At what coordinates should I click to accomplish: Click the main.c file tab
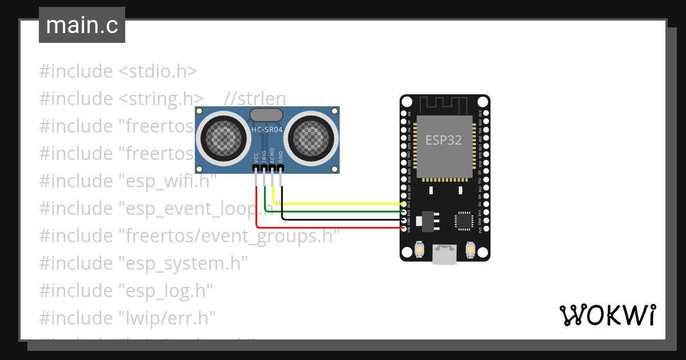coord(82,25)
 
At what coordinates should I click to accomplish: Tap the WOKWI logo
coord(607,315)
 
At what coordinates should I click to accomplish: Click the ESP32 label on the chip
coord(444,140)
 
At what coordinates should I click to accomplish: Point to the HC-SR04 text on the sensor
coord(267,130)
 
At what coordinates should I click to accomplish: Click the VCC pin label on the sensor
coord(256,158)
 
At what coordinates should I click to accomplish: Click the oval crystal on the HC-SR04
coord(266,115)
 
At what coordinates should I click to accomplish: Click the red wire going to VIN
coord(332,228)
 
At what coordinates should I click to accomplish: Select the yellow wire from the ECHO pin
coord(343,203)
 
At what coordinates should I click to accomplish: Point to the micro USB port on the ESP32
coord(444,254)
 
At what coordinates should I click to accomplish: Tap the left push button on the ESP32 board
coord(418,250)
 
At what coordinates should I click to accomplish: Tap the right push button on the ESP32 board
coord(470,250)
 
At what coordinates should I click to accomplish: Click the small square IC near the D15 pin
coord(464,221)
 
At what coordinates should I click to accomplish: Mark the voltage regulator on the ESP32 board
coord(428,221)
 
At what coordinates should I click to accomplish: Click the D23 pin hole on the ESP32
coord(485,113)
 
